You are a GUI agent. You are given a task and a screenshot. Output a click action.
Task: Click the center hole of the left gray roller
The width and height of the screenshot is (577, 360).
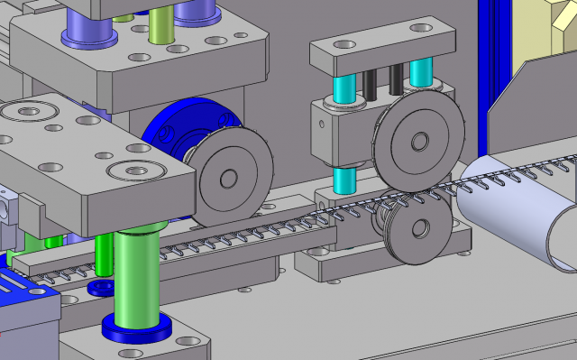[226, 177]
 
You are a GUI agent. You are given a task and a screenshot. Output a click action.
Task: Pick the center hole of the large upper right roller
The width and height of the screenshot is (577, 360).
[419, 142]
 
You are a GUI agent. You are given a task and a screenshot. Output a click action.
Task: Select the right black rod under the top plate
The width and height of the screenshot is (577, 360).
[397, 79]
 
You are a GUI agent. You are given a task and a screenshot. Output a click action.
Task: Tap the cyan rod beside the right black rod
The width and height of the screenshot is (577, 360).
[420, 72]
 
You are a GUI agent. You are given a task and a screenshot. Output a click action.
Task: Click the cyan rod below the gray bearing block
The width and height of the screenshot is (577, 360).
[343, 180]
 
